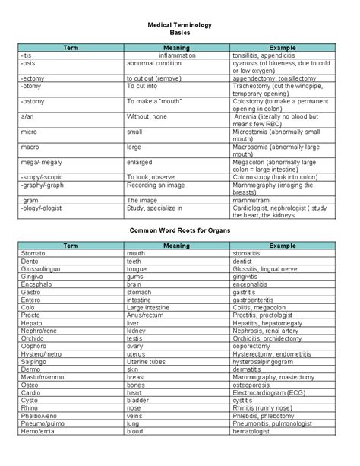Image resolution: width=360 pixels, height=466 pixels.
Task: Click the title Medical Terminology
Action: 180,25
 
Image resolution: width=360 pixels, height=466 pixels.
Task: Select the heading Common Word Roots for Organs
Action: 180,229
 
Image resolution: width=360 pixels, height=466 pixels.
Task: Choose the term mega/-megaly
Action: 39,161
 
